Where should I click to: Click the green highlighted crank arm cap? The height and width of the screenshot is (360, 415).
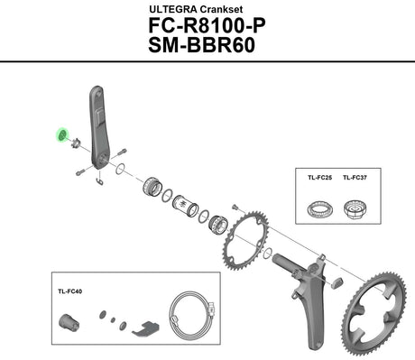click(62, 135)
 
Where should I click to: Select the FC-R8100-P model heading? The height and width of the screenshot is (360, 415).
click(207, 26)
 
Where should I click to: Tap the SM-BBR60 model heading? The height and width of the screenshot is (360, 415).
click(201, 45)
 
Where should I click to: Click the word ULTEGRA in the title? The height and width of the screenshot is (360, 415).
click(173, 9)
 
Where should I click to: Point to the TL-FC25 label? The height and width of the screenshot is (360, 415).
click(319, 178)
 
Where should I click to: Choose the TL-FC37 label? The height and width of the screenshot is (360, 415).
click(355, 178)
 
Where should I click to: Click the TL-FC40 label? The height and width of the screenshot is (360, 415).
click(69, 291)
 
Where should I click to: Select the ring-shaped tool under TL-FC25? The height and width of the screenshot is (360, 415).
click(320, 208)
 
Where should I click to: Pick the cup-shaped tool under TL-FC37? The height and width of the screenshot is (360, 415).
click(355, 208)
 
